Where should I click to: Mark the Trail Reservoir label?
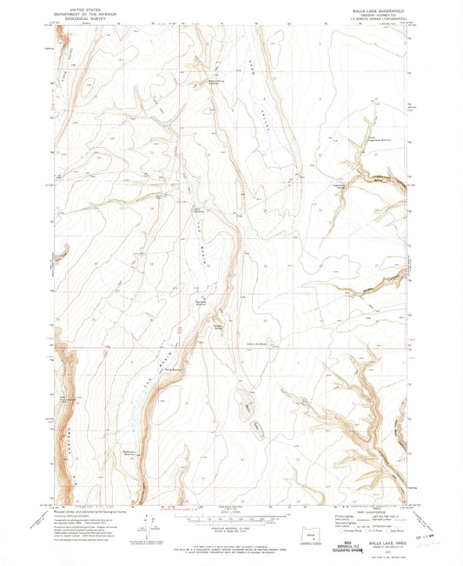pos(175,369)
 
